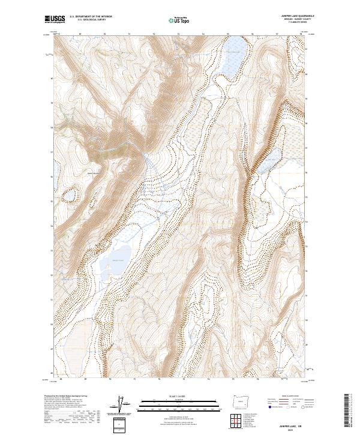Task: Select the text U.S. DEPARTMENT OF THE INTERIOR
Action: point(91,17)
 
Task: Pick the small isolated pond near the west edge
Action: point(70,195)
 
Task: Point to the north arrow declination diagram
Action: point(125,405)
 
